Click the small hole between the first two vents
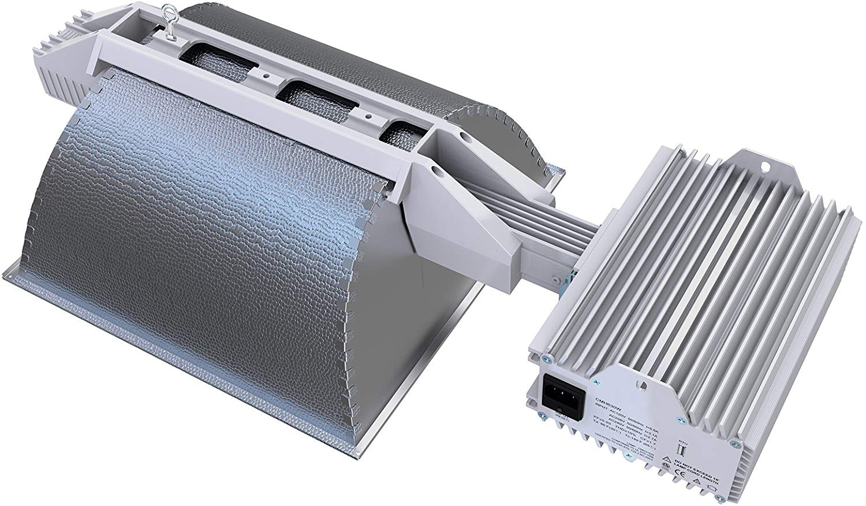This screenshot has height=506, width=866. [x=266, y=76]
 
